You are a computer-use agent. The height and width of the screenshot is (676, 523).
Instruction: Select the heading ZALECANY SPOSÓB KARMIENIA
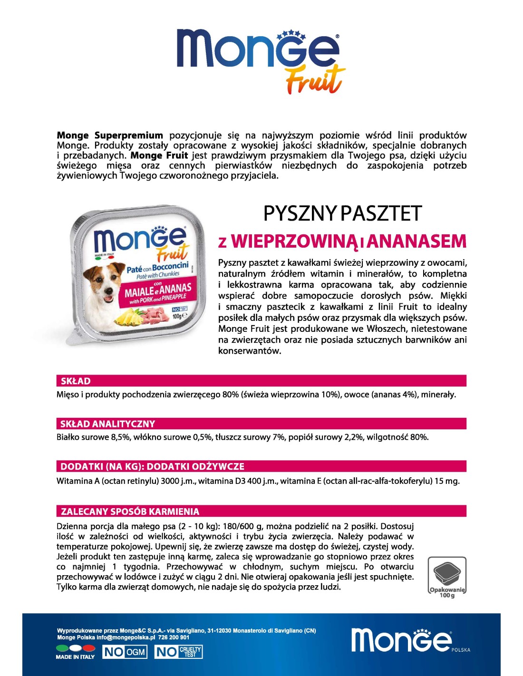pos(130,512)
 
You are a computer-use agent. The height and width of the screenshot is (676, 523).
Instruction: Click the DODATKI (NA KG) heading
pos(152,466)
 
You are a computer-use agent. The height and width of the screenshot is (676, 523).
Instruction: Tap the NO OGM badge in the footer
pos(125,652)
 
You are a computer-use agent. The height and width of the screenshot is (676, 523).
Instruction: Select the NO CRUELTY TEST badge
pos(178,652)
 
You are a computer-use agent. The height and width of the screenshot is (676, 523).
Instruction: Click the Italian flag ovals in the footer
pos(76,647)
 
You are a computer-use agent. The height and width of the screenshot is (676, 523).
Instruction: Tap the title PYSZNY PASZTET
pos(342,213)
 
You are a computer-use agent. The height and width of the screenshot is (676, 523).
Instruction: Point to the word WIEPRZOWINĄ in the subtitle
pos(294,241)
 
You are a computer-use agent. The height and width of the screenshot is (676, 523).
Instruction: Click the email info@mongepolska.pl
pos(126,637)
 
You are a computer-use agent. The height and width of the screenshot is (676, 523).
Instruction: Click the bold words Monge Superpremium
pos(110,135)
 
